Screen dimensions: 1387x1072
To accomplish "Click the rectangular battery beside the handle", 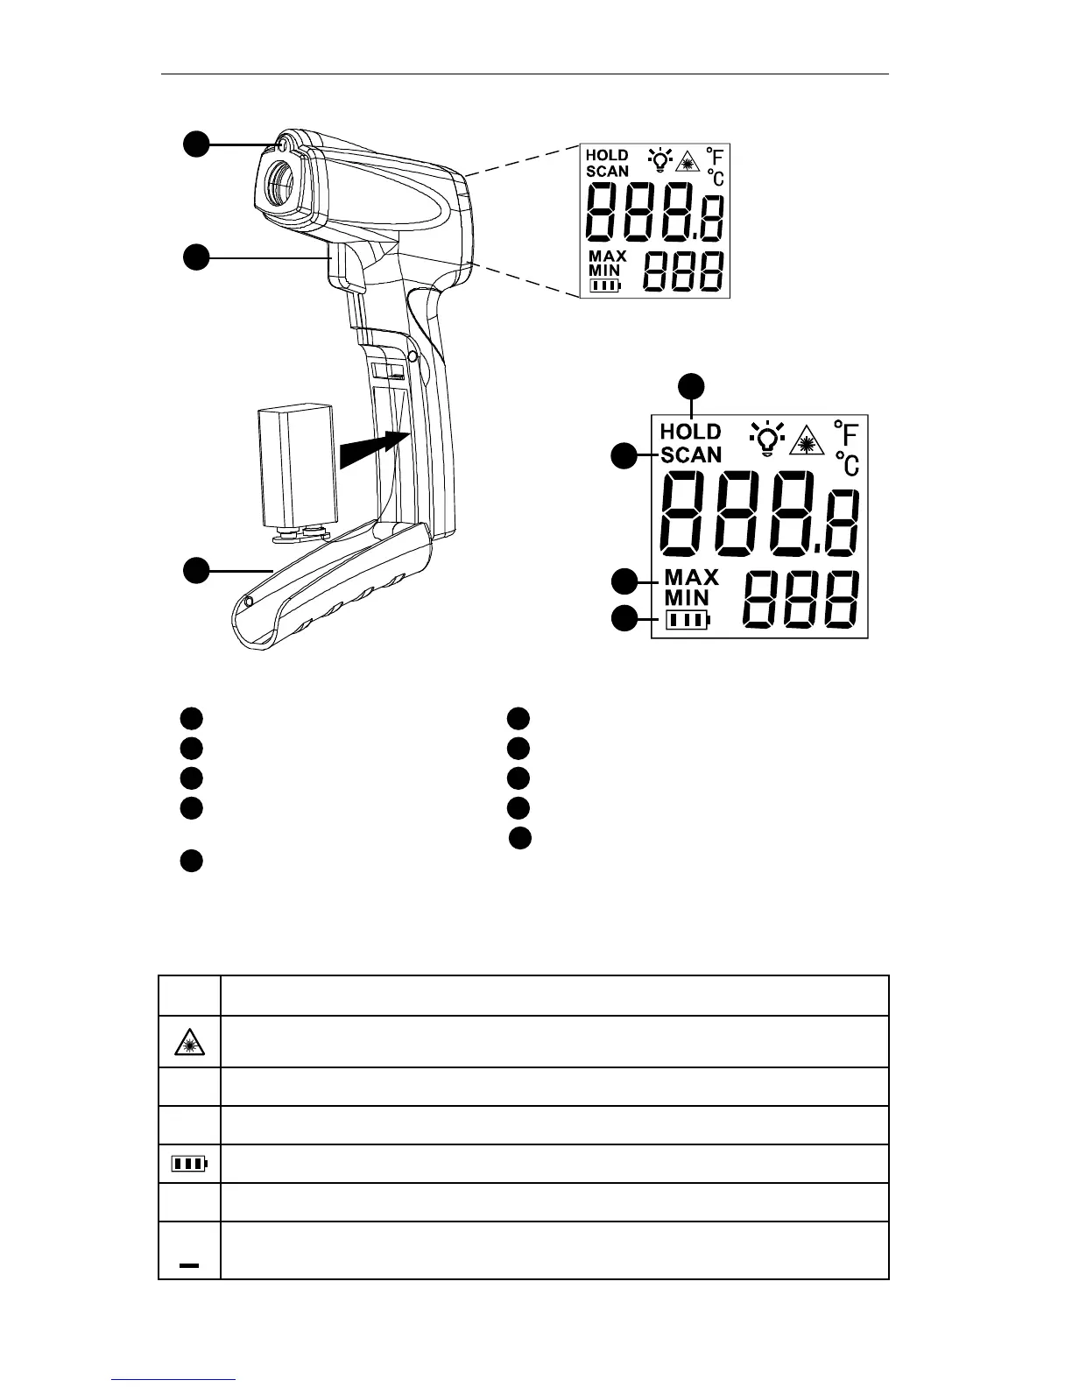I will click(297, 464).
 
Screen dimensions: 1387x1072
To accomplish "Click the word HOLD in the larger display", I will click(690, 432).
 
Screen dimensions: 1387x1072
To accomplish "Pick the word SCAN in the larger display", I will click(691, 454).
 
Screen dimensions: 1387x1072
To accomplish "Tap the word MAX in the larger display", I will click(691, 577).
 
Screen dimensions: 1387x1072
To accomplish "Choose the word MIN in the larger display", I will click(688, 598).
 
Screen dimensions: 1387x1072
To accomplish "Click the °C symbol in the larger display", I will click(846, 463).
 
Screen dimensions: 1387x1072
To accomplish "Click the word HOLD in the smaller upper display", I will click(607, 156).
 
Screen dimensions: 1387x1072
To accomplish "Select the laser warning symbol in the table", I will click(189, 1041).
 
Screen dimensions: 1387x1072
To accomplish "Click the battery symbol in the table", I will click(189, 1165).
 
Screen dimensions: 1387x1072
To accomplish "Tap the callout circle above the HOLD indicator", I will click(693, 385).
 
